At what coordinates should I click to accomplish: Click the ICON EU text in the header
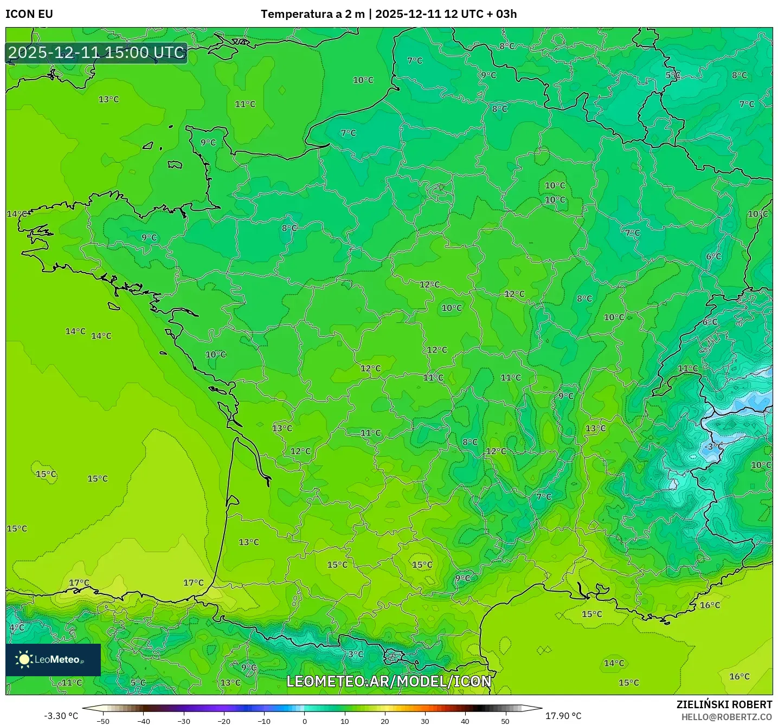pos(29,14)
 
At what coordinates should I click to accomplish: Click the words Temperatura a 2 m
pos(312,14)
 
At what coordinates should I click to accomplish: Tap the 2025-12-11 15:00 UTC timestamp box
pos(97,53)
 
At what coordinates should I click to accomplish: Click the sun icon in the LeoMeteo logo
pos(24,659)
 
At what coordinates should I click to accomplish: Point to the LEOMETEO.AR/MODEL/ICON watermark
pos(389,681)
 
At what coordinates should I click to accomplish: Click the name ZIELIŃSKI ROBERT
pos(724,704)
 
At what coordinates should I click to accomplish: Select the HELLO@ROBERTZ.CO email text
pos(726,717)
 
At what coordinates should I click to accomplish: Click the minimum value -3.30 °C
pos(61,716)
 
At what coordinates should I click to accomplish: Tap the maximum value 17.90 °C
pos(563,716)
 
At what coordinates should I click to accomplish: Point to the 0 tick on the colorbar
pos(305,721)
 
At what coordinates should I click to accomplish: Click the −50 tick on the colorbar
pos(103,721)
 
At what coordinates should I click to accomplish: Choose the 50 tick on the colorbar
pos(505,721)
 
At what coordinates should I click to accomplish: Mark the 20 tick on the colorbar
pos(385,721)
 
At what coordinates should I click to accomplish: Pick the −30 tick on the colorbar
pos(184,721)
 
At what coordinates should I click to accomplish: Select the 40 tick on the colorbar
pos(465,721)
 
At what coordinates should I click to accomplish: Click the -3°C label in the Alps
pos(713,446)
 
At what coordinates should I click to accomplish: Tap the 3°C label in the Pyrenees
pos(356,654)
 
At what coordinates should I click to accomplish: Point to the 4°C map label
pos(17,627)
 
